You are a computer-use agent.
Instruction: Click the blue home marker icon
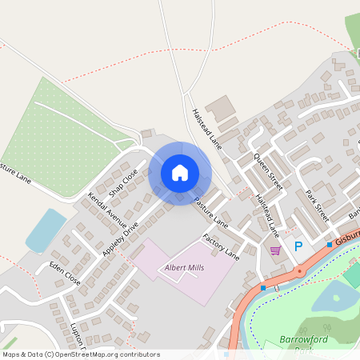coord(180,172)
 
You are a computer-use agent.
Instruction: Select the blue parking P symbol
coord(299,247)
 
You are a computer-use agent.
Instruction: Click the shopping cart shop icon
coord(276,250)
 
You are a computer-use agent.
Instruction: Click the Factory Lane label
coord(221,246)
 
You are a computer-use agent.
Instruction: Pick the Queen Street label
coord(268,172)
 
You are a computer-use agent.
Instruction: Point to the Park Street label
coord(318,205)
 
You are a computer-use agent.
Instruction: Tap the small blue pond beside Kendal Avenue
coord(45,230)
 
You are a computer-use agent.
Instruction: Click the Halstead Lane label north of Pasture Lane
coord(206,128)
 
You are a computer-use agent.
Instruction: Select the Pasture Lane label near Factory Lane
coord(211,214)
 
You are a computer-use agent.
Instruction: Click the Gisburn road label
coord(349,238)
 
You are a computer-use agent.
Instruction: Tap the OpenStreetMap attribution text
coord(81,354)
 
